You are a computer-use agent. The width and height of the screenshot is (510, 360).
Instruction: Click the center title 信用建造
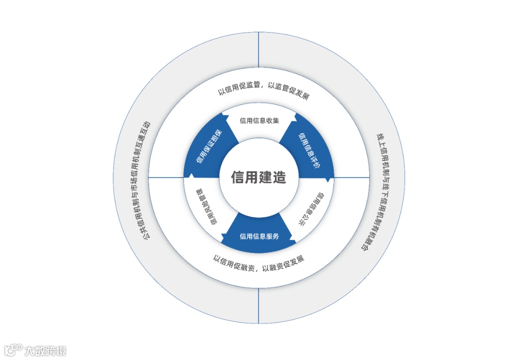click(x=258, y=177)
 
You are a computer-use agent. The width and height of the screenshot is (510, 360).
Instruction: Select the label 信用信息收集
click(x=259, y=120)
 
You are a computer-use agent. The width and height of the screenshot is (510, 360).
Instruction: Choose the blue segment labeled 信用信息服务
click(x=259, y=236)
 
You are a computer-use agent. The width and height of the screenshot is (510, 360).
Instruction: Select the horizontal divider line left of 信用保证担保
click(x=166, y=177)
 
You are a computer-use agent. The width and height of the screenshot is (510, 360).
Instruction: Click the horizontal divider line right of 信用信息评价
click(x=351, y=177)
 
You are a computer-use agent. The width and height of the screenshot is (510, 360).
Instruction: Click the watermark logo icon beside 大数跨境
click(x=13, y=350)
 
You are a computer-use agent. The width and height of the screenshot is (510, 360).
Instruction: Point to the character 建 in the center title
click(x=265, y=177)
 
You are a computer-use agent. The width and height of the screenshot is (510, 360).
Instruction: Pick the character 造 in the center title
click(x=279, y=177)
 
